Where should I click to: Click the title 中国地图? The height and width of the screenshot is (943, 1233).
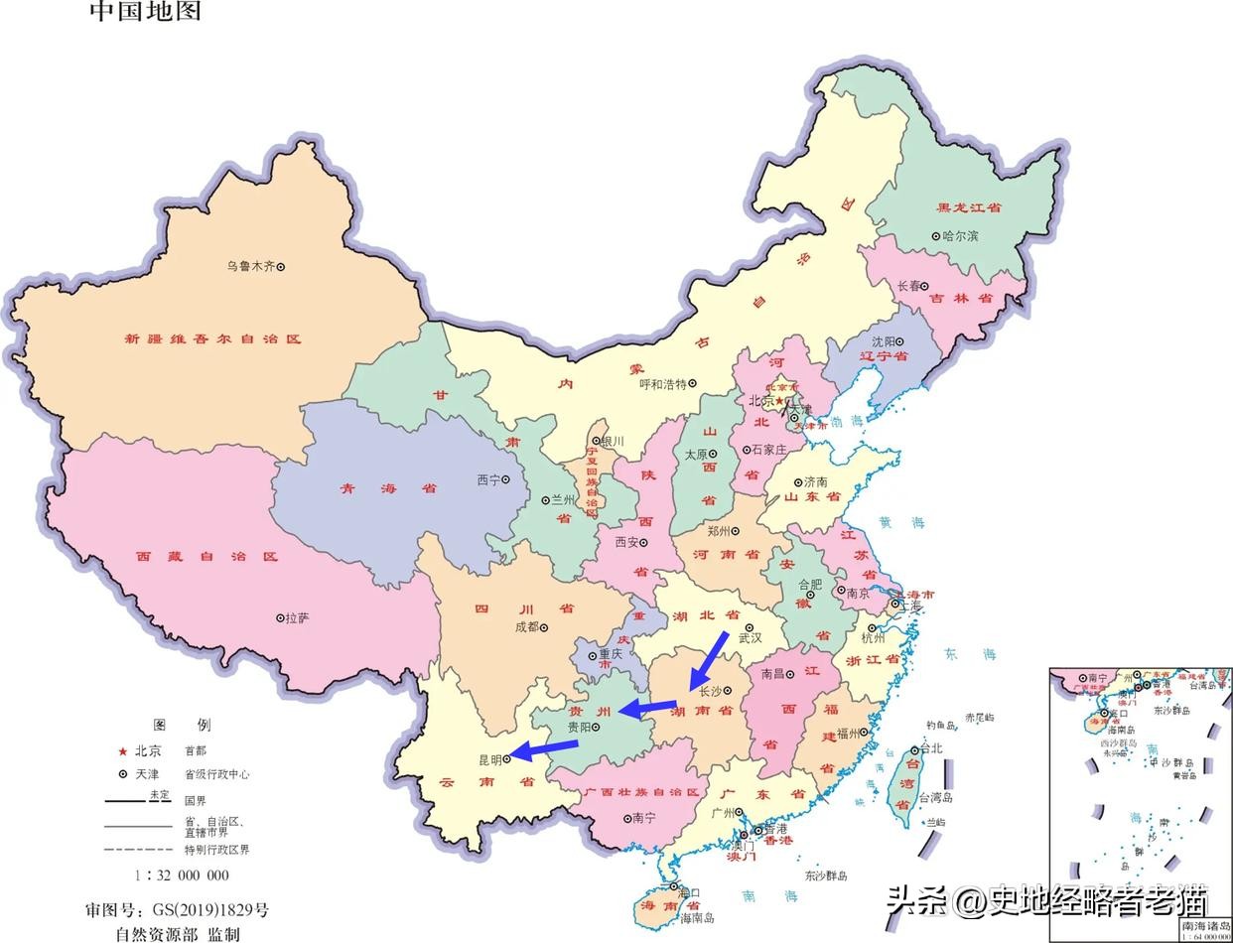pyautogui.click(x=146, y=12)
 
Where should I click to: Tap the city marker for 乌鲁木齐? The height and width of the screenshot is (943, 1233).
pyautogui.click(x=281, y=266)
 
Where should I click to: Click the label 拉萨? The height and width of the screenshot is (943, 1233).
pyautogui.click(x=297, y=617)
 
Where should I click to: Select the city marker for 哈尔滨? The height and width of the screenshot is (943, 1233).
pyautogui.click(x=935, y=236)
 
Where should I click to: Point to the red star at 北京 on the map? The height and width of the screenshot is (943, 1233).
pyautogui.click(x=779, y=400)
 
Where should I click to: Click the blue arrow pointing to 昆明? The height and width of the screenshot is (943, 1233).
pyautogui.click(x=543, y=749)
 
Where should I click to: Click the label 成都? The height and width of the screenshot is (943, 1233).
pyautogui.click(x=526, y=626)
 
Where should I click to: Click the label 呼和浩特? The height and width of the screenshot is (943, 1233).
pyautogui.click(x=662, y=383)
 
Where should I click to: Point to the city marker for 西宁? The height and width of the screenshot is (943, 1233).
pyautogui.click(x=505, y=479)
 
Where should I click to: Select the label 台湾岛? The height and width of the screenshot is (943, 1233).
pyautogui.click(x=935, y=797)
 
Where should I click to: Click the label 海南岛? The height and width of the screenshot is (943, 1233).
pyautogui.click(x=700, y=918)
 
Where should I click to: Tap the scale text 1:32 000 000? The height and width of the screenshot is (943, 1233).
pyautogui.click(x=182, y=876)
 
